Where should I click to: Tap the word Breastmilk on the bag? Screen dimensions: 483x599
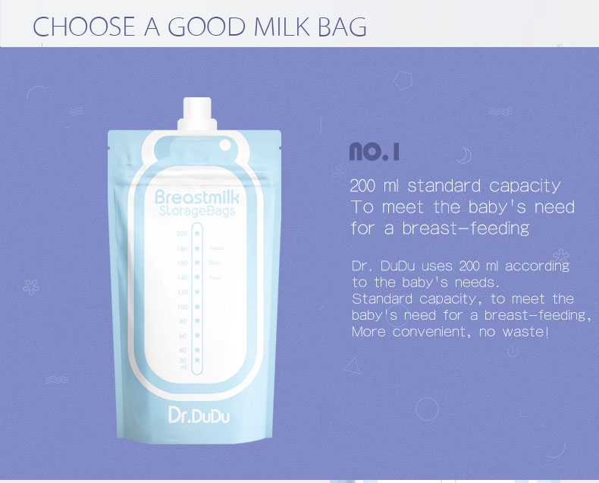(196, 197)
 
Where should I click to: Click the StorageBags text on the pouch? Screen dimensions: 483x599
(196, 211)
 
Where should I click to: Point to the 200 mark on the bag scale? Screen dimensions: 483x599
(181, 234)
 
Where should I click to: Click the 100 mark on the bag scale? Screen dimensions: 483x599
(182, 307)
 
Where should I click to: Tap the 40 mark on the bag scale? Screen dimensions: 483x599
(183, 349)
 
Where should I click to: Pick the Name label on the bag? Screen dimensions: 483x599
(216, 248)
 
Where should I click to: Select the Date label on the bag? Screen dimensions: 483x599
(215, 263)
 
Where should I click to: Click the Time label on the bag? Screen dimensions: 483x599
(215, 278)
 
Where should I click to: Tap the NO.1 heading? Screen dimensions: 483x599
(374, 151)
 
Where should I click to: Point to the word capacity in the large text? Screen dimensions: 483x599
(525, 186)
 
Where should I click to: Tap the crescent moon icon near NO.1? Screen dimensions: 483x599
(463, 156)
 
